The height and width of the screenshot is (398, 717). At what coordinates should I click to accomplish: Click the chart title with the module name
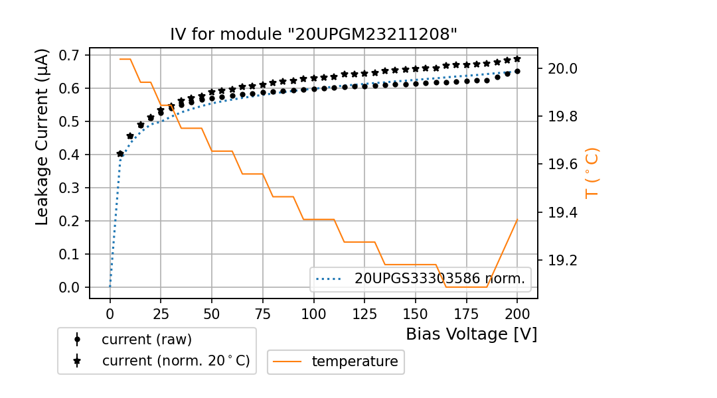coord(313,34)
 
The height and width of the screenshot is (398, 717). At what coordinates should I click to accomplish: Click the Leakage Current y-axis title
coord(42,137)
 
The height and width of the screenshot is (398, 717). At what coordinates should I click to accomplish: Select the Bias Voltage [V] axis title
coord(471,334)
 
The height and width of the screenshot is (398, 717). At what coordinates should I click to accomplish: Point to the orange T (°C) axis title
coord(592,172)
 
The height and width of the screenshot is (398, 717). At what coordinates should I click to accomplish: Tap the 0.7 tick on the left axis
coord(68,55)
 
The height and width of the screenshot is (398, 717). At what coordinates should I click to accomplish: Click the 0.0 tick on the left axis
coord(68,287)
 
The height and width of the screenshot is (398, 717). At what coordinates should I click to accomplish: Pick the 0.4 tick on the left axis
coord(68,155)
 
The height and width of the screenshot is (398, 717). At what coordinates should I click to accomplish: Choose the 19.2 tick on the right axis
coord(561,260)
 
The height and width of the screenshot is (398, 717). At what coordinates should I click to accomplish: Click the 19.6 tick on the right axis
coord(561,165)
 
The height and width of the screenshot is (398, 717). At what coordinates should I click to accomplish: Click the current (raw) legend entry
coord(146,340)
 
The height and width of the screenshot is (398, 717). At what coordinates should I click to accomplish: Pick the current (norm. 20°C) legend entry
coord(175,361)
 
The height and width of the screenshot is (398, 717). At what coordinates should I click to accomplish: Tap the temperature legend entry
coord(355,362)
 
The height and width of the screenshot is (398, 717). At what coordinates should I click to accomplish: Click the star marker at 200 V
coord(517,59)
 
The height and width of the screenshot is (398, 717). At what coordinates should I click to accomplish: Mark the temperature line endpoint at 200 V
coord(517,220)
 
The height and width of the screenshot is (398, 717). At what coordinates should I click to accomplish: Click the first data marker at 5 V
coord(120,154)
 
